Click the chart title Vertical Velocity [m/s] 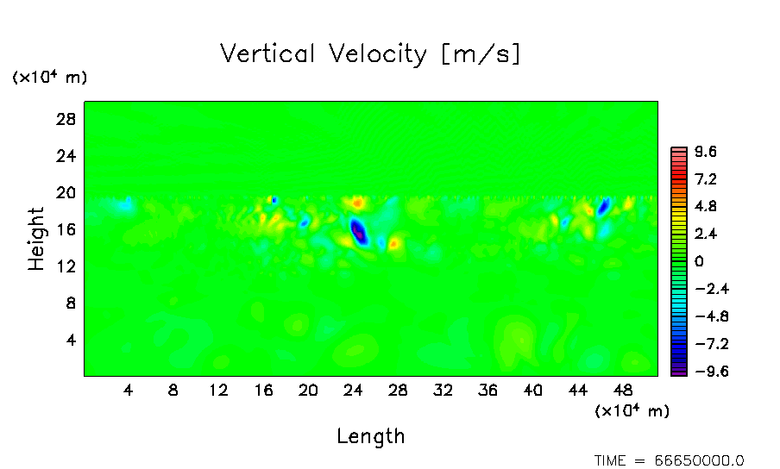coord(370,54)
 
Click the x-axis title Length coord(370,436)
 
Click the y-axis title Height coord(36,239)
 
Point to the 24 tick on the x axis coord(353,391)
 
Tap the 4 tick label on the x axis coord(129,391)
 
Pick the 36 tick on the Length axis coord(487,391)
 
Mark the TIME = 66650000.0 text coord(669,460)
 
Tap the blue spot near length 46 coord(604,206)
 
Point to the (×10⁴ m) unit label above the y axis coord(49,78)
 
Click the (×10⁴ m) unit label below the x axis coord(632,411)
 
